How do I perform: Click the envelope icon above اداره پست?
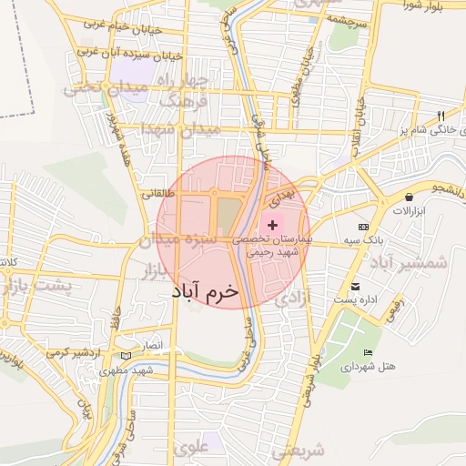pyautogui.click(x=368, y=287)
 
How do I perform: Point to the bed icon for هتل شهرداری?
pyautogui.click(x=368, y=353)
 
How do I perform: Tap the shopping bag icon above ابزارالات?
pyautogui.click(x=409, y=197)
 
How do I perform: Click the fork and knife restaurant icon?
pyautogui.click(x=441, y=116)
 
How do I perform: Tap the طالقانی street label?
pyautogui.click(x=153, y=193)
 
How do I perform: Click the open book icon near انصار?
pyautogui.click(x=125, y=354)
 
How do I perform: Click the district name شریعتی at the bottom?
pyautogui.click(x=298, y=449)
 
